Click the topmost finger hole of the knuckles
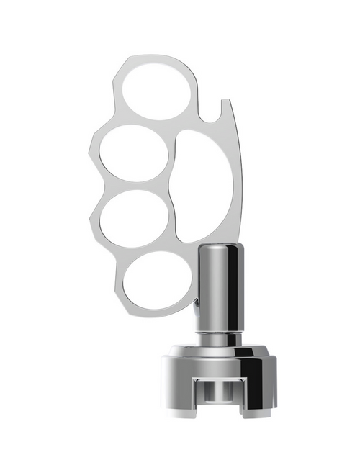[x=158, y=89]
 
